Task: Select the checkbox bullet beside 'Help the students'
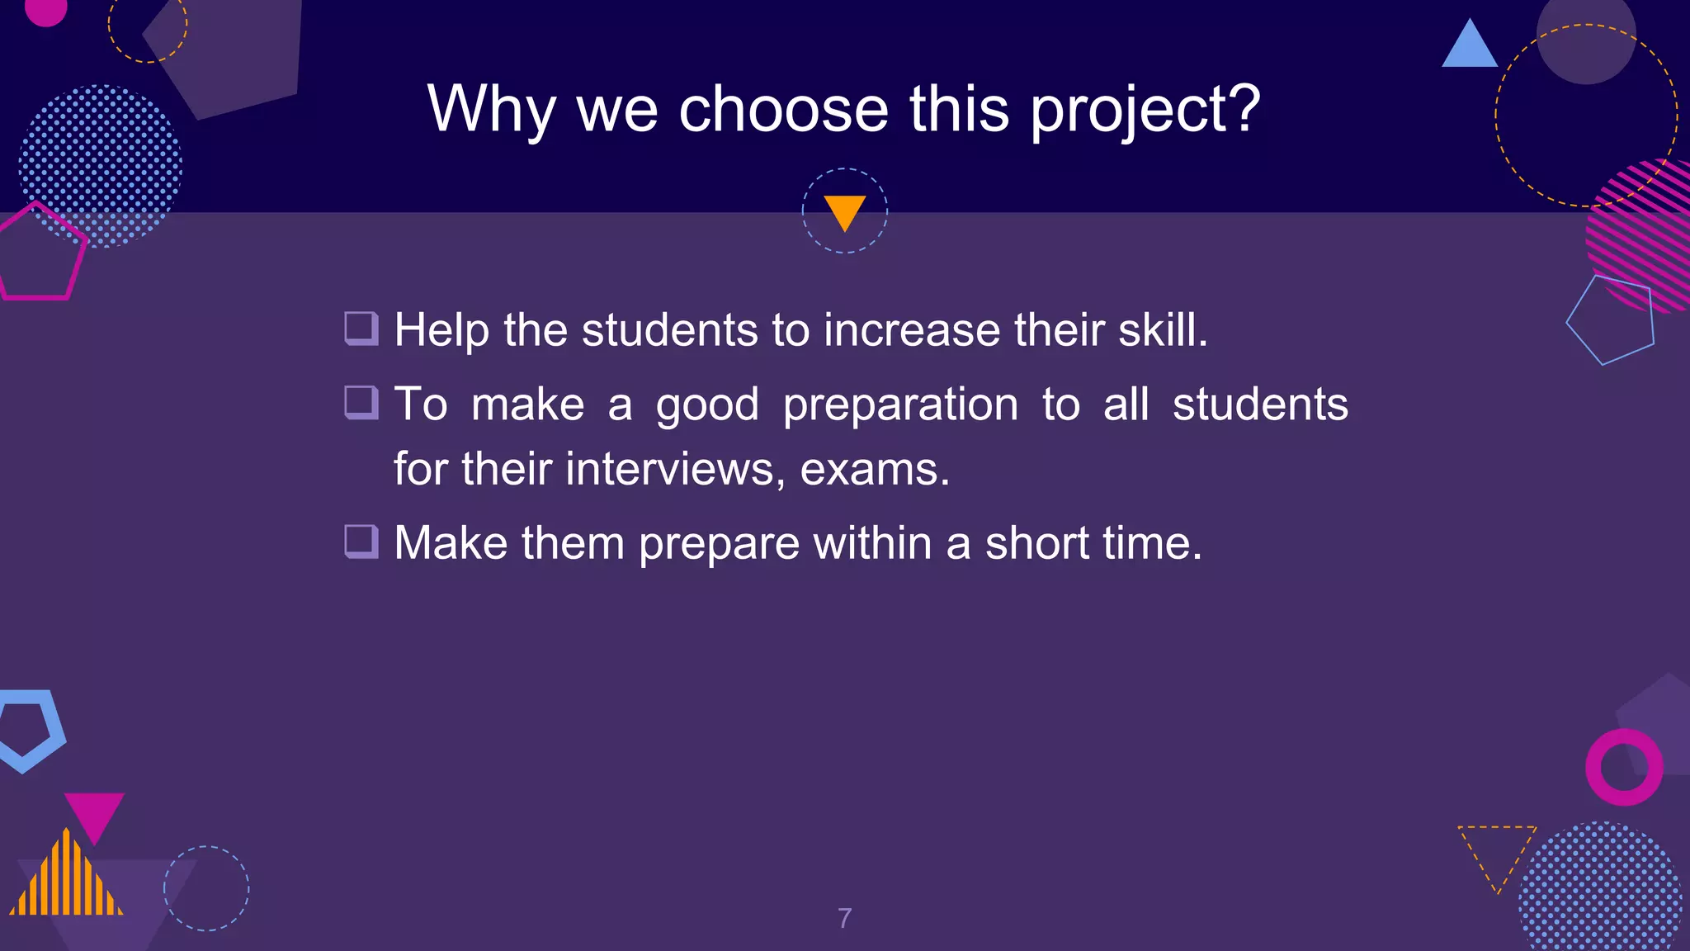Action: click(361, 329)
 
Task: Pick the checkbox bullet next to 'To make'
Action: click(361, 403)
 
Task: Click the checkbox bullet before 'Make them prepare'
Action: click(361, 542)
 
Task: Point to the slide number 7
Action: click(844, 918)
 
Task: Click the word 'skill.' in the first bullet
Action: click(1163, 330)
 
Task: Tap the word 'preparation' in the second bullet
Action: click(900, 405)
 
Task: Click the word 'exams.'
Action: click(875, 469)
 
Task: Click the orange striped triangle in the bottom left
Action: click(66, 879)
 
